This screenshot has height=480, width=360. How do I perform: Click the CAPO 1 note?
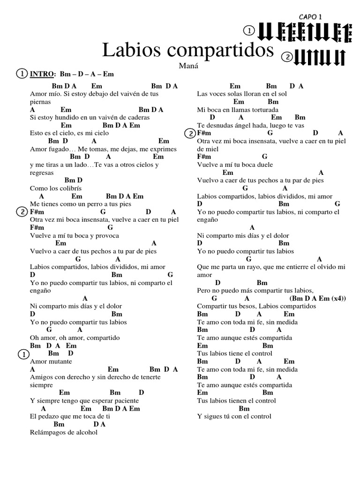(x=311, y=17)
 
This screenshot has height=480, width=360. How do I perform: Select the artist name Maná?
(x=188, y=66)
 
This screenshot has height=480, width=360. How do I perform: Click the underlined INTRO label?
(x=42, y=74)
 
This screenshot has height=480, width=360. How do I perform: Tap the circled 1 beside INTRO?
(x=22, y=74)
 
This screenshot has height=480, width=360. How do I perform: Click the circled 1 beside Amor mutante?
(x=22, y=355)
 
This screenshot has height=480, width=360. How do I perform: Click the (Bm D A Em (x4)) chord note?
(x=317, y=299)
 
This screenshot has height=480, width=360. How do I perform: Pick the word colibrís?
(x=71, y=188)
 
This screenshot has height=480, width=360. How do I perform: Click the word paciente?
(x=124, y=401)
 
